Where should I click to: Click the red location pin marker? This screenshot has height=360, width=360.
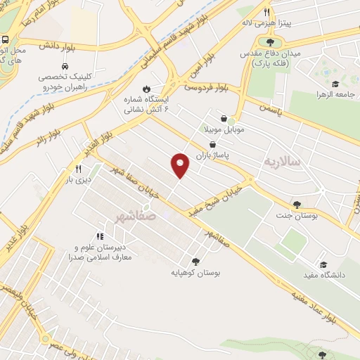[181, 165]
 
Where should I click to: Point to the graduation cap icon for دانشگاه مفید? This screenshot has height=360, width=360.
[323, 265]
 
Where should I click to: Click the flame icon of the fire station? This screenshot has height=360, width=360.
[146, 89]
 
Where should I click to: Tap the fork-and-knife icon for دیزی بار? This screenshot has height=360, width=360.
[78, 169]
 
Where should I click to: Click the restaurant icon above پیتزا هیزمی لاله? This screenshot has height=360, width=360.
[266, 13]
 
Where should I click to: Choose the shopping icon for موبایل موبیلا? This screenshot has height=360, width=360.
[224, 119]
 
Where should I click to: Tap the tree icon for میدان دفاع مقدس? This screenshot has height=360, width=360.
[270, 43]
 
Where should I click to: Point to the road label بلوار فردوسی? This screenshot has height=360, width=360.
[207, 88]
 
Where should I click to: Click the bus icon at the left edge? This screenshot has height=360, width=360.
[5, 39]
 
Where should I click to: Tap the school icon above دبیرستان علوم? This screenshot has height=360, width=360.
[99, 236]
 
